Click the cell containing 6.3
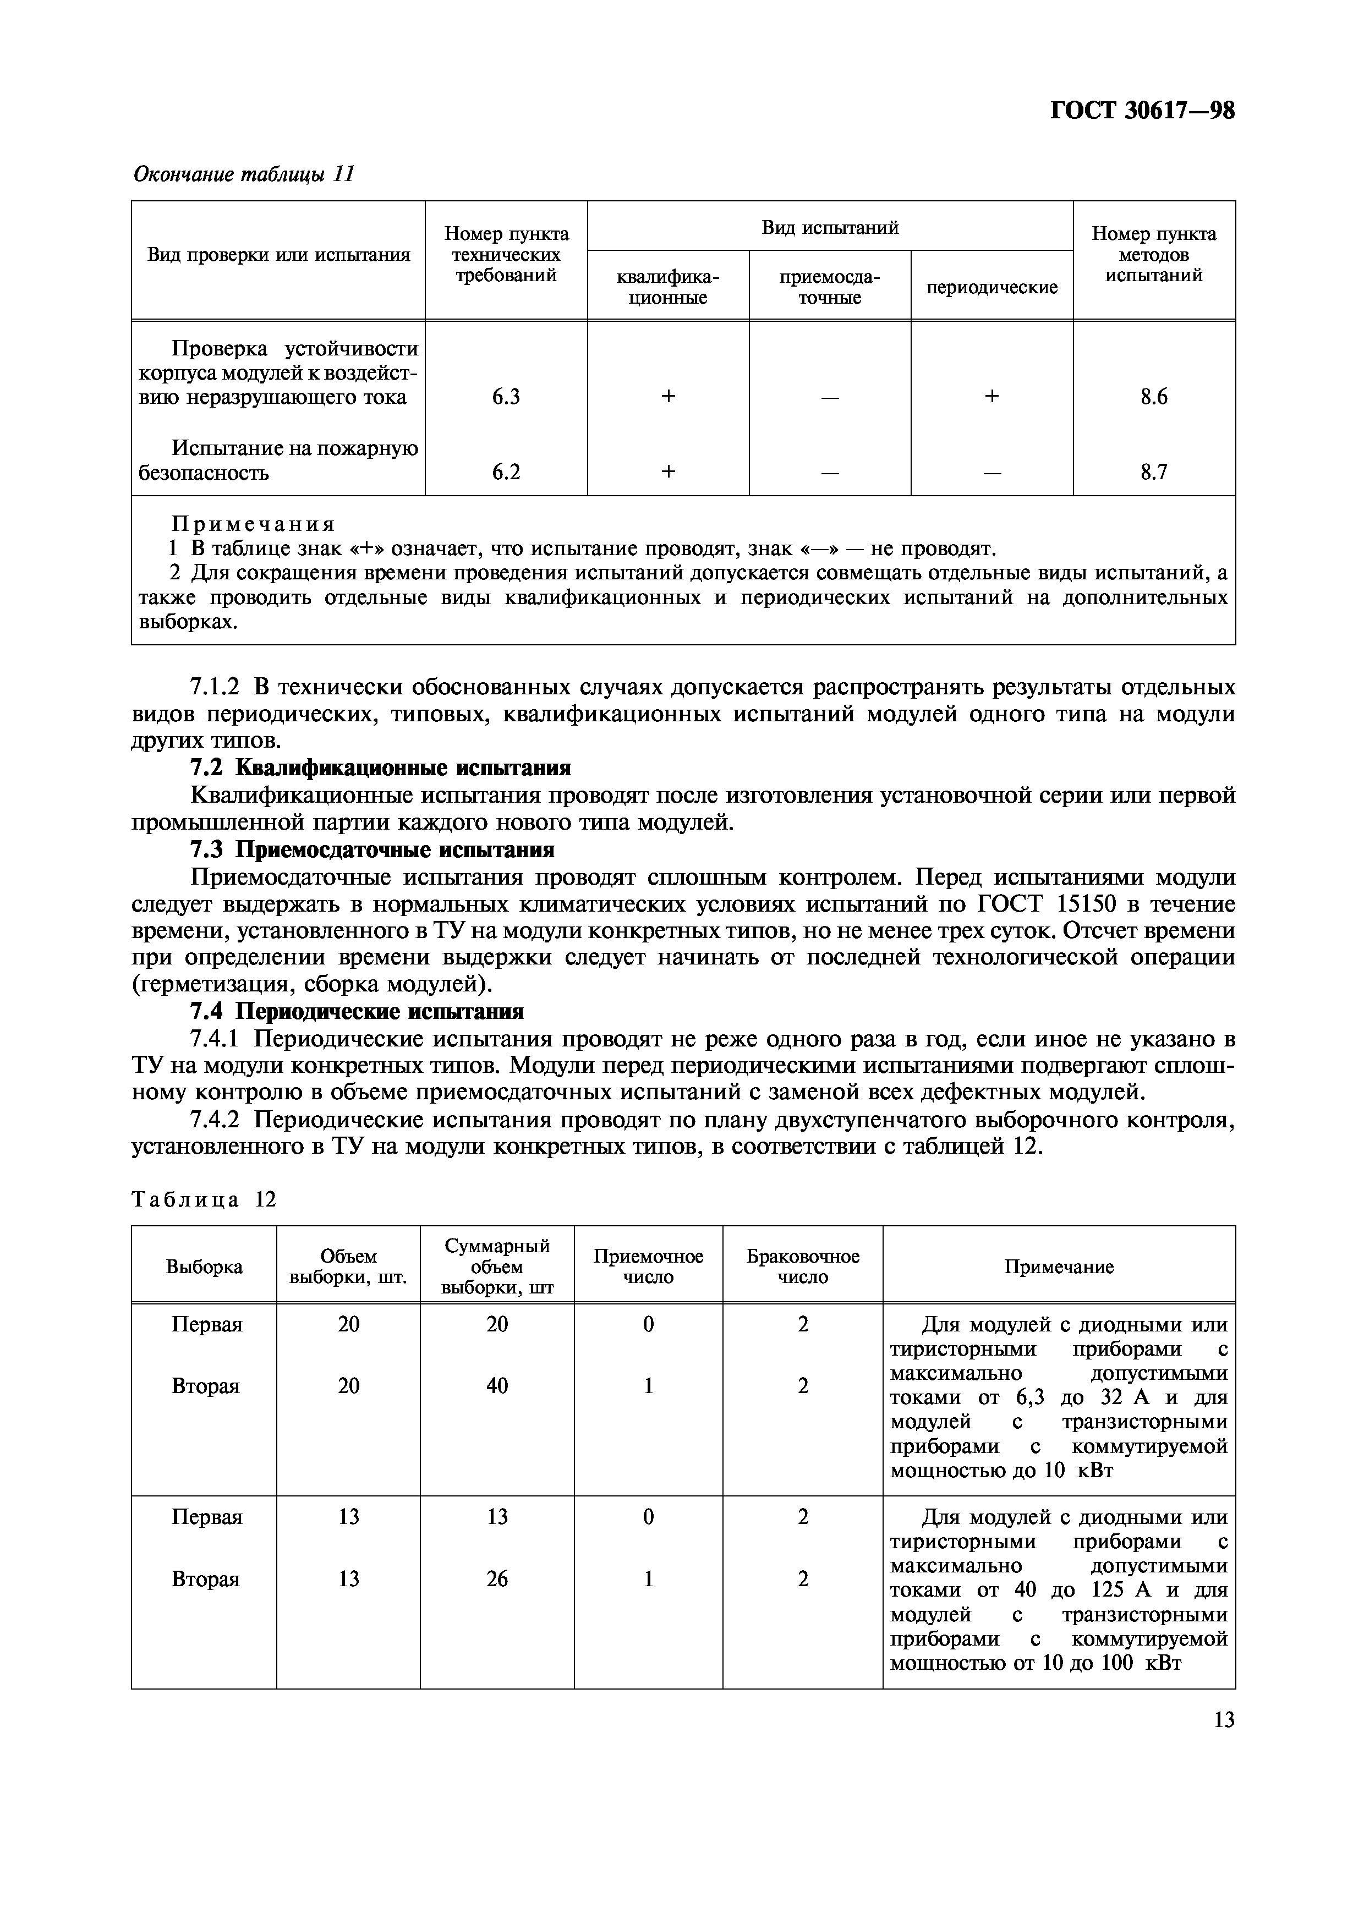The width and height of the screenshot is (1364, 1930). point(506,397)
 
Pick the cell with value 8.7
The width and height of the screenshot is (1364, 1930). point(1153,473)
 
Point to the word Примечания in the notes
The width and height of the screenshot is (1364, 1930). point(253,524)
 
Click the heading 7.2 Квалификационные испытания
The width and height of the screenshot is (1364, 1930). point(381,767)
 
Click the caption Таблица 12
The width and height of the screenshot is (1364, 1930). point(204,1199)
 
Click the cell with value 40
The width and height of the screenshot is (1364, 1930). point(497,1385)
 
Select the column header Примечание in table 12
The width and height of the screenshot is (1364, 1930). point(1058,1267)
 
